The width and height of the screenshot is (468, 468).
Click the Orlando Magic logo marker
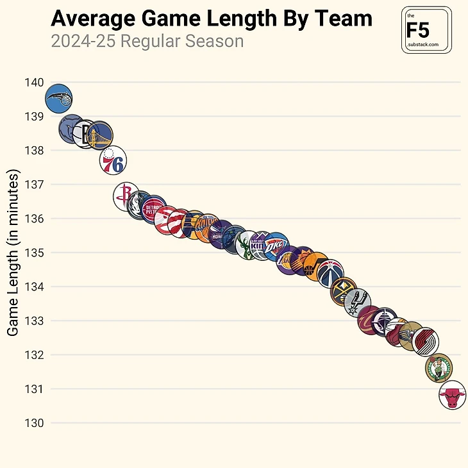58,99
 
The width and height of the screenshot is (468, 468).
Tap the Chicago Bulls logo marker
452,396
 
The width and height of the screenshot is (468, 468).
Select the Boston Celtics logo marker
439,367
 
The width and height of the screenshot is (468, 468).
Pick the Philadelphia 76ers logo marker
113,160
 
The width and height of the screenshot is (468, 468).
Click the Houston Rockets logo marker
126,196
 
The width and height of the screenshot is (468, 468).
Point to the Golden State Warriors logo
99,135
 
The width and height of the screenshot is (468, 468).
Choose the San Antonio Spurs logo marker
358,303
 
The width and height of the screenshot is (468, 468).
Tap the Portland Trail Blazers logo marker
425,342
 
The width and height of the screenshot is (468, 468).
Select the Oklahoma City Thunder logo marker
276,246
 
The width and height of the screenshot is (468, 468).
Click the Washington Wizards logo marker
330,274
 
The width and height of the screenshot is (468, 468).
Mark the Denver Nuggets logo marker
344,292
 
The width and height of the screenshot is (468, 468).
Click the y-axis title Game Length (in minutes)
13,253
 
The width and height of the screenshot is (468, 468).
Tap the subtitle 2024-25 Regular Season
147,42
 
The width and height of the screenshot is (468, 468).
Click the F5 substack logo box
426,30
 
